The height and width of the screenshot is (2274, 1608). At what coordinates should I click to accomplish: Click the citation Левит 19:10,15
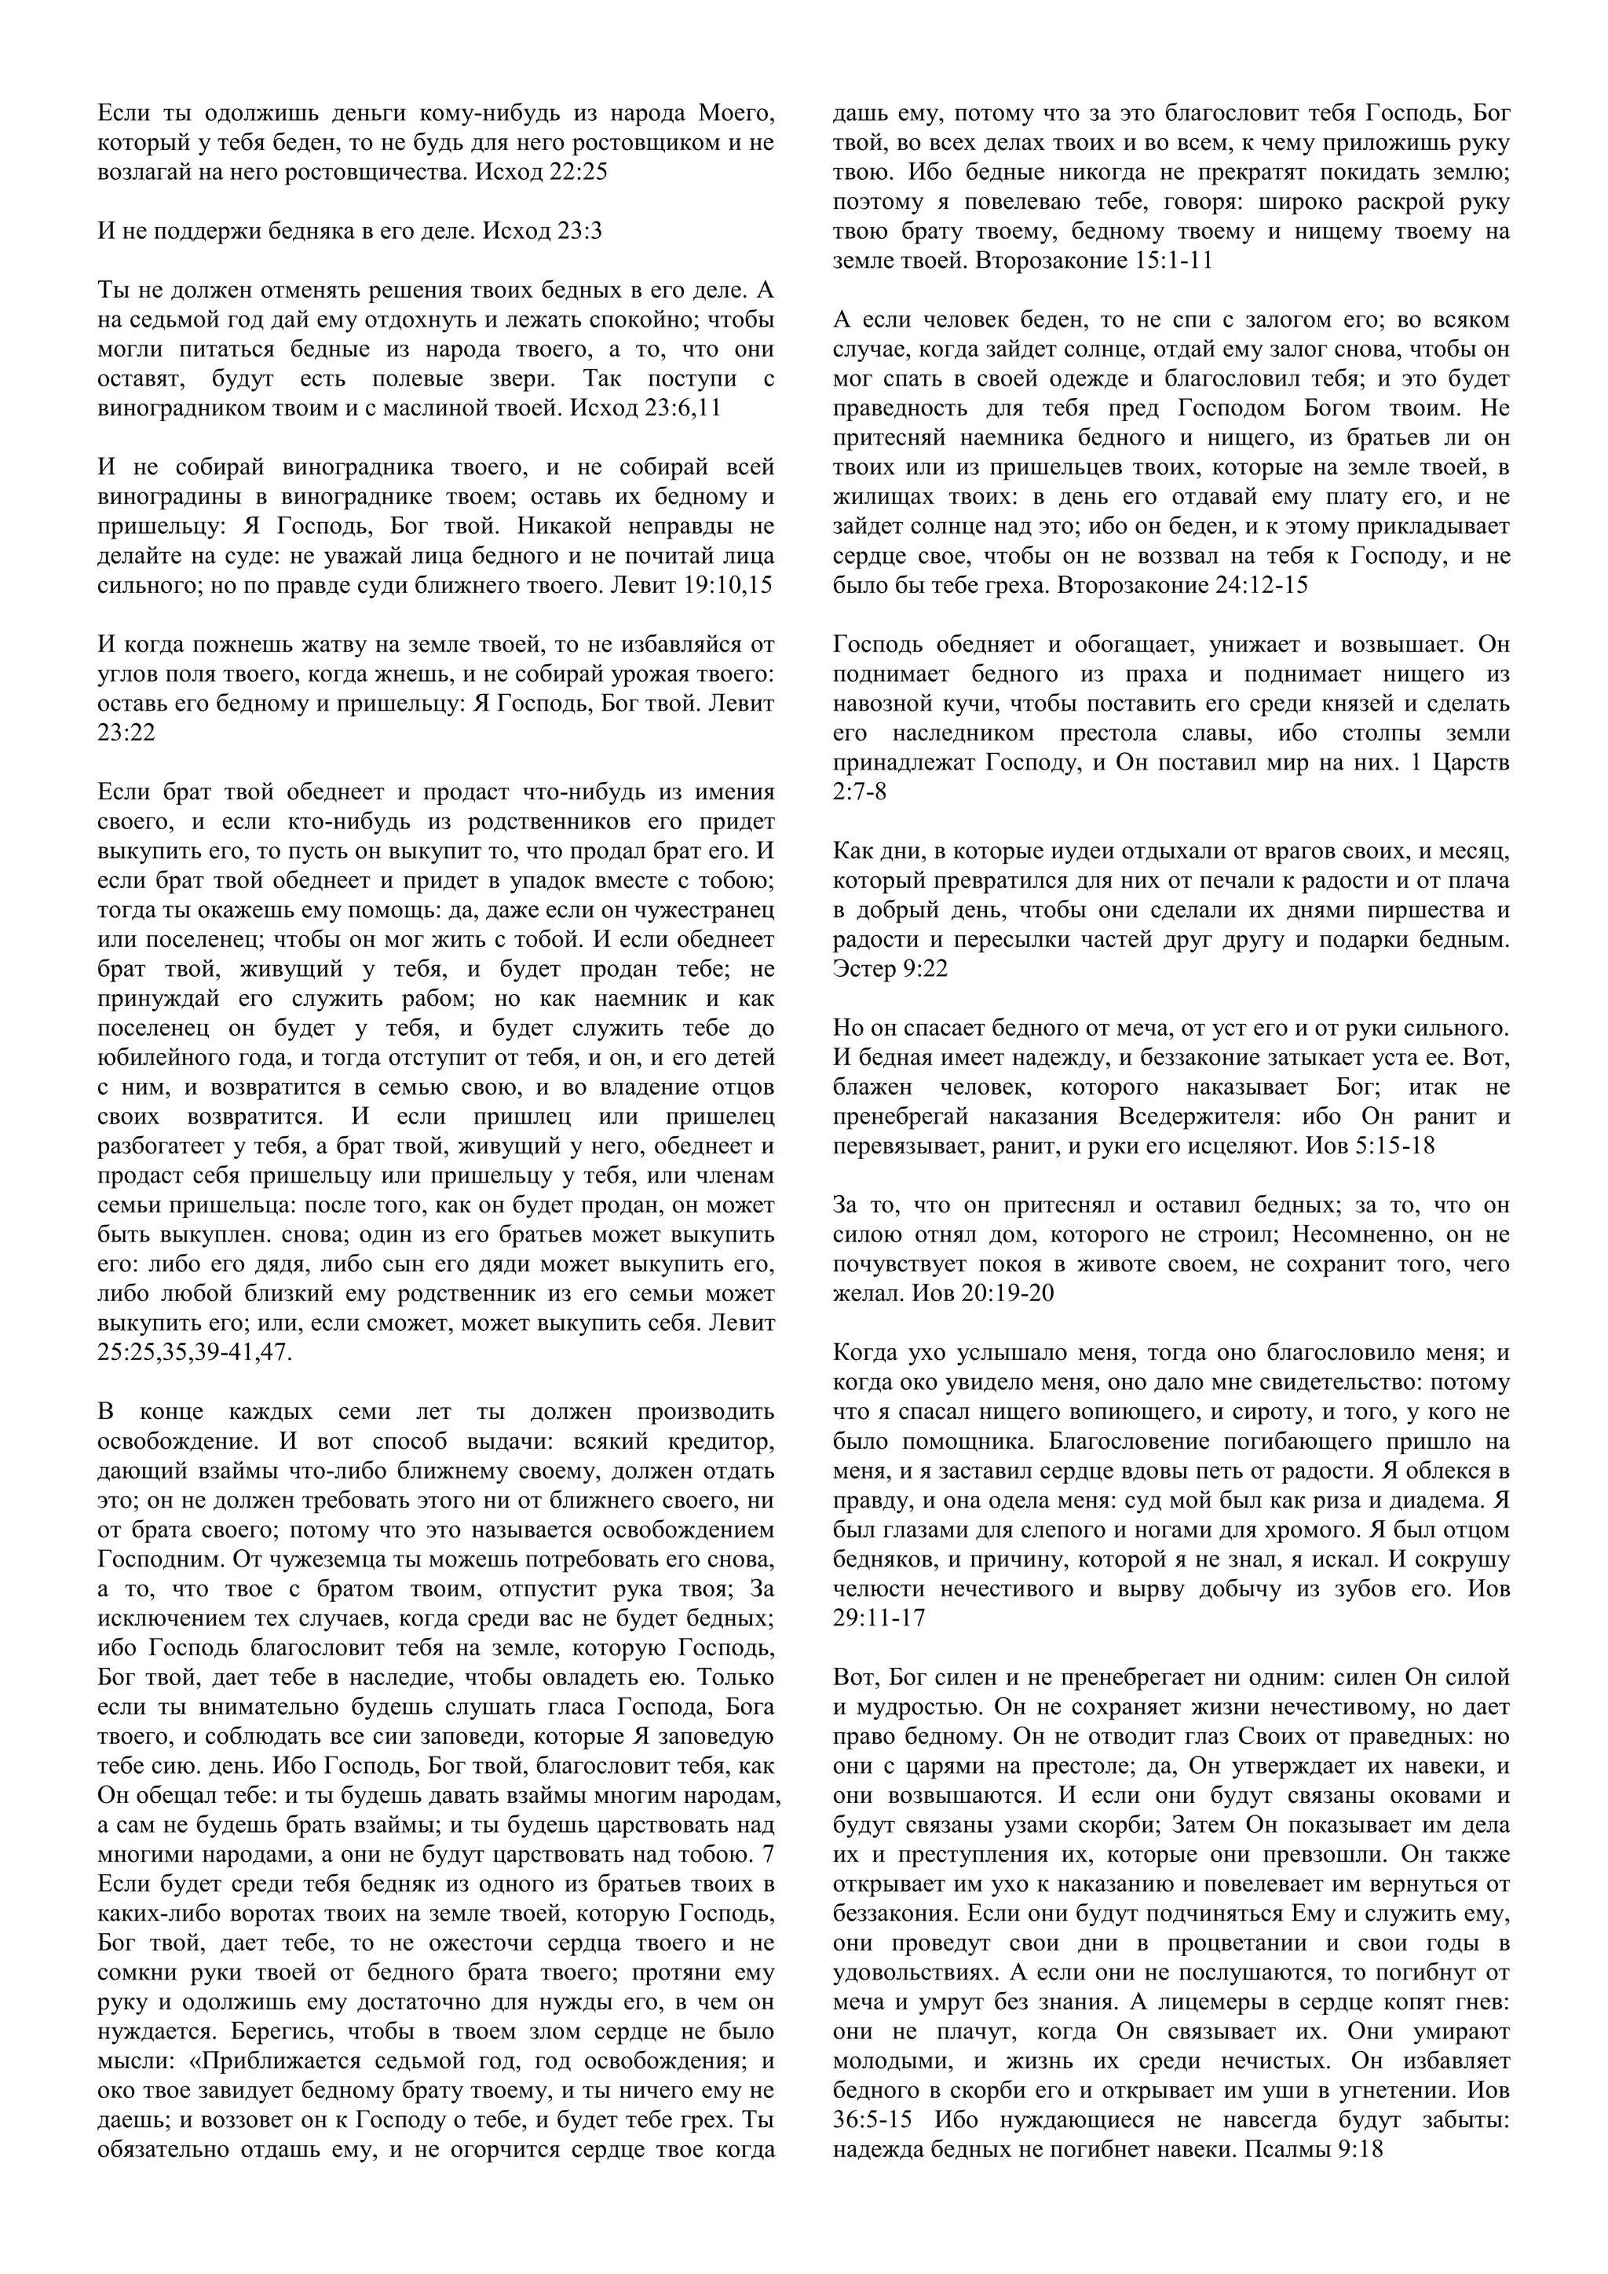click(x=690, y=585)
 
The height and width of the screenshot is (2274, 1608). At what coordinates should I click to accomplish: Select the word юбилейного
click(x=164, y=1058)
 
